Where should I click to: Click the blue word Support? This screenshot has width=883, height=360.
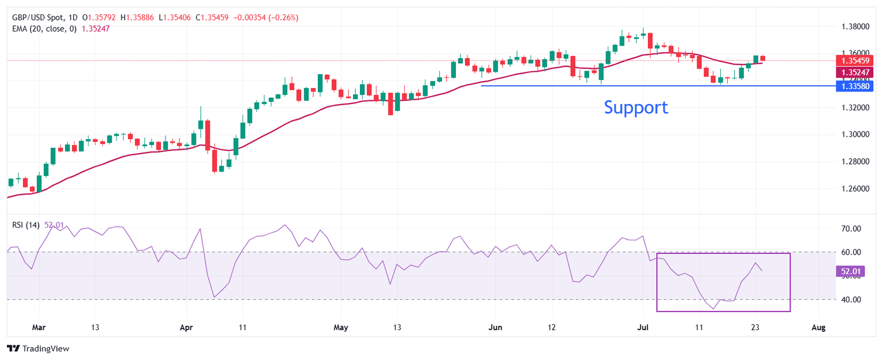[636, 108]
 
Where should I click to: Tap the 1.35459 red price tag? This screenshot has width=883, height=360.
[853, 60]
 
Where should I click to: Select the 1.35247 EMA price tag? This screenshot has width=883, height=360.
[853, 72]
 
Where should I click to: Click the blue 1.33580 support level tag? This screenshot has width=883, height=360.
[853, 86]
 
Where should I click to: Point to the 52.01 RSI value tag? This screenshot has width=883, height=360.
[849, 271]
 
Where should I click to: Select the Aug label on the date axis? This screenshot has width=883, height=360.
[819, 328]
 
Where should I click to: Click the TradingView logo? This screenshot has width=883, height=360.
[38, 348]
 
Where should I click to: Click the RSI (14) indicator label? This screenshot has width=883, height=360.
[26, 225]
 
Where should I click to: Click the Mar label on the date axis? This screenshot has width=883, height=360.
[39, 328]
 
